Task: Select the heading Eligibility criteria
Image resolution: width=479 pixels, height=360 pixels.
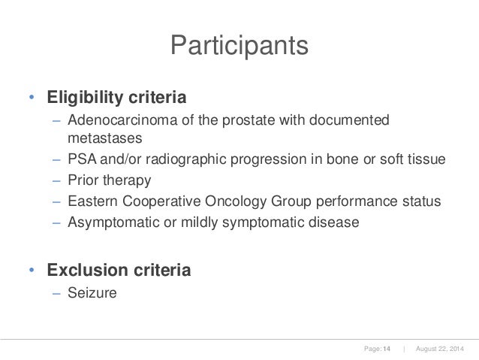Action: [117, 98]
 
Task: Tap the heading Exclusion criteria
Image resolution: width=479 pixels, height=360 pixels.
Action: [119, 269]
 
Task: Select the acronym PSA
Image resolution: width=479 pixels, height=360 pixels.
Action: [80, 160]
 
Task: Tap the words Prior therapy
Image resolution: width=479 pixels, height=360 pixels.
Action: [109, 181]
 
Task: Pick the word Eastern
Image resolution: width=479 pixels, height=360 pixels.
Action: [90, 201]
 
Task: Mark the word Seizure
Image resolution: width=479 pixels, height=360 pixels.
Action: [92, 292]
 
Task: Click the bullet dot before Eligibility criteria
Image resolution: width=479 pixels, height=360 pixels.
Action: [31, 99]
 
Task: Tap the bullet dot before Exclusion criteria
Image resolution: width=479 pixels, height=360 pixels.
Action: [31, 270]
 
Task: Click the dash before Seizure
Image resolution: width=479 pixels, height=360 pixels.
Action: [56, 292]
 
